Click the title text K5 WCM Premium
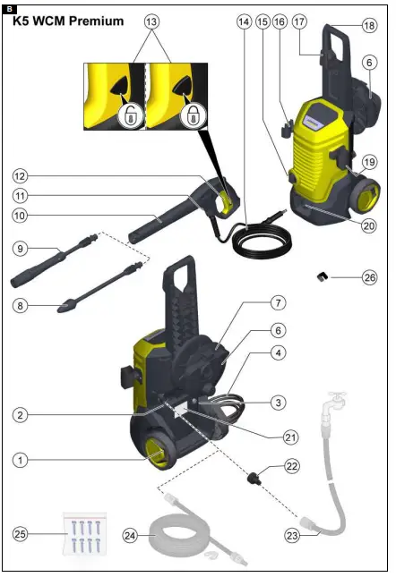click(68, 21)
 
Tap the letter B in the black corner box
click(8, 7)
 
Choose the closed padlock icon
click(193, 115)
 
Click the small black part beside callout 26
click(318, 277)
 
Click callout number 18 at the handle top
click(370, 28)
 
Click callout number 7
click(279, 303)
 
